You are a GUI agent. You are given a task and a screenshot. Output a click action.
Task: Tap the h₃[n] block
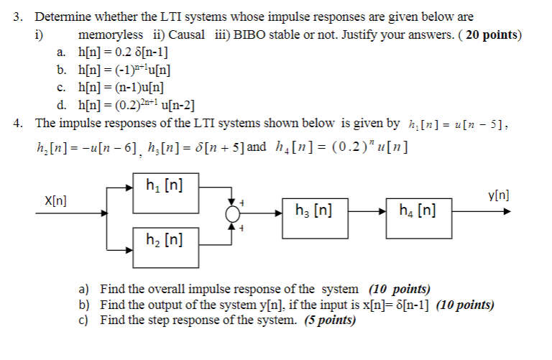click(313, 212)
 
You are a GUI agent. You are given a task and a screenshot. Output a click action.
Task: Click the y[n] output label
click(499, 195)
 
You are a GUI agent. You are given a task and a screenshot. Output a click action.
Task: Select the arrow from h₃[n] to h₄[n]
click(366, 212)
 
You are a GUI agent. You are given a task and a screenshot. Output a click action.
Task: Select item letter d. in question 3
click(62, 103)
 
